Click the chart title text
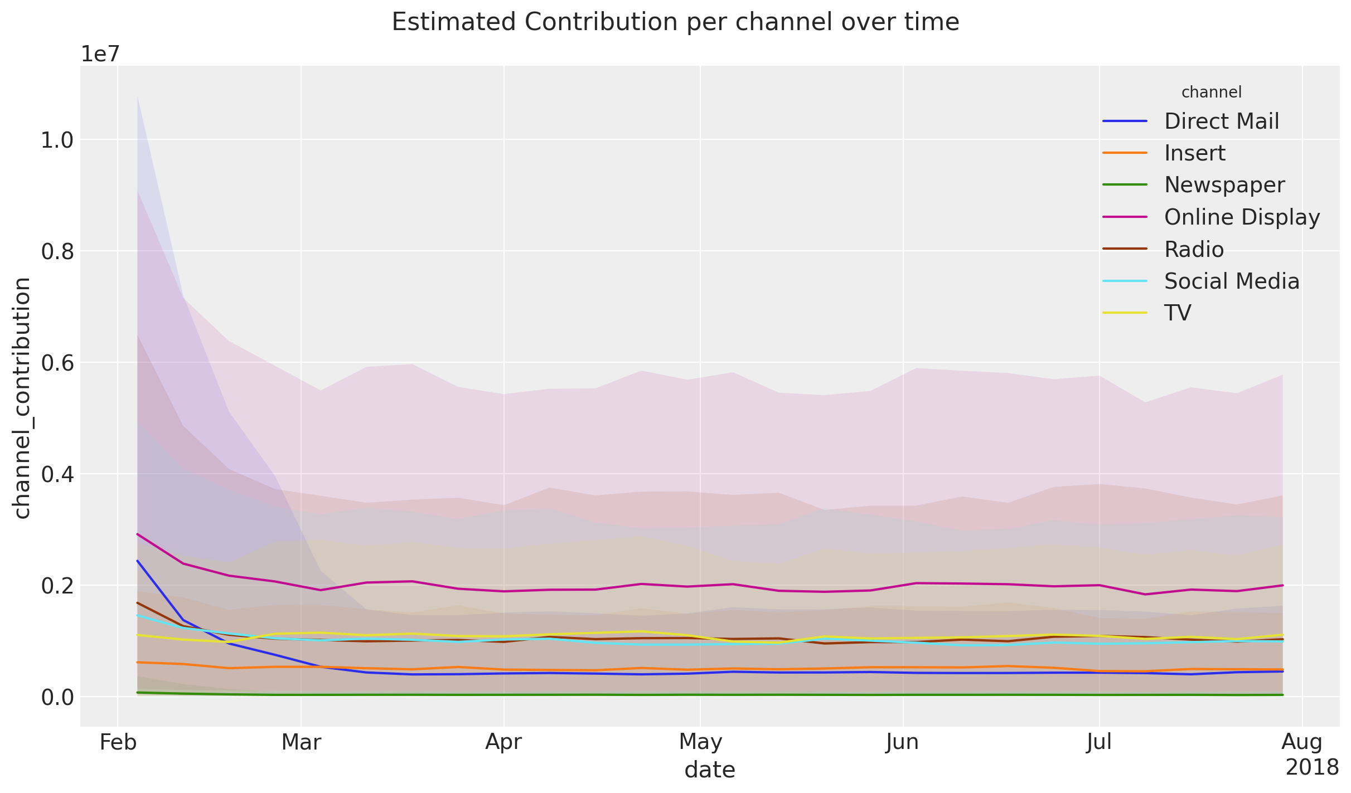pos(675,23)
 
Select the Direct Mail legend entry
pos(1221,121)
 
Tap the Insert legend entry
pos(1194,153)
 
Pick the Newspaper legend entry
pos(1224,185)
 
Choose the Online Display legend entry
pos(1242,217)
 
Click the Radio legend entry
pos(1194,249)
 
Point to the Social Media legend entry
pos(1231,281)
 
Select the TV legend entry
pos(1178,313)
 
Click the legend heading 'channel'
pos(1211,93)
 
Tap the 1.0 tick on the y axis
pos(57,140)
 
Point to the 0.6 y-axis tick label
pos(57,363)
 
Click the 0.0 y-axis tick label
pos(57,698)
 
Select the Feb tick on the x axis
pos(118,742)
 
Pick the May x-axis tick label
pos(700,742)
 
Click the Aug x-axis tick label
pos(1302,742)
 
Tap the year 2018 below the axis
pos(1312,768)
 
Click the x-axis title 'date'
pos(710,770)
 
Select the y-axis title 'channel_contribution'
pos(22,398)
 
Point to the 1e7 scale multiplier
pos(100,54)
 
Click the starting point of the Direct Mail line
pos(137,561)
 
